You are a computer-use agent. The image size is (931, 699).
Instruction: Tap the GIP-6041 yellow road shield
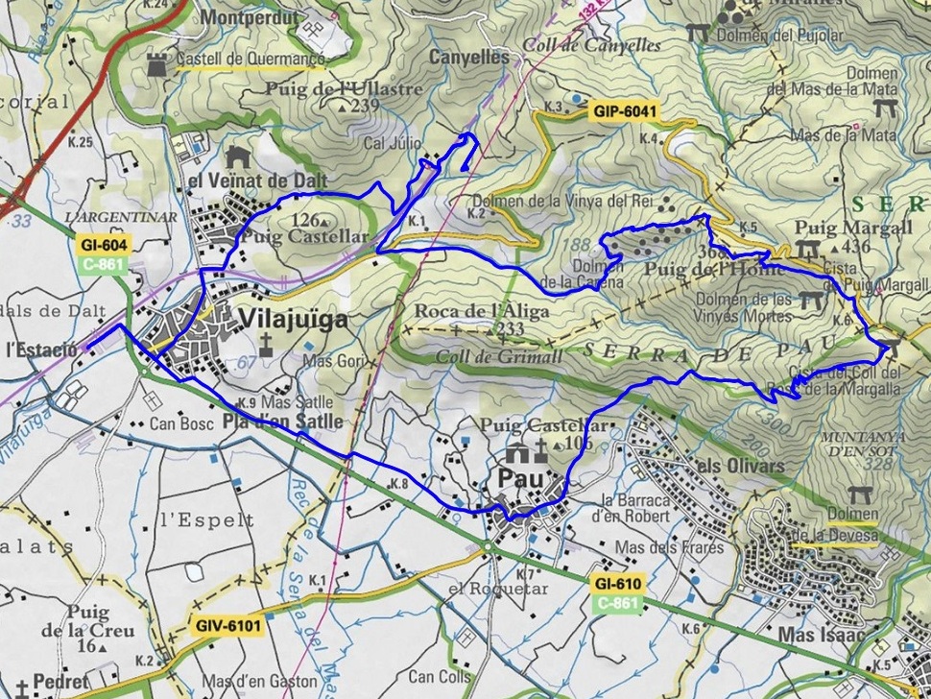click(x=625, y=112)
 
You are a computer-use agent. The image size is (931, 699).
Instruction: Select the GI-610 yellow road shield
click(x=616, y=584)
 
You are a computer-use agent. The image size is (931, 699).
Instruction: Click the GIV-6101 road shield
click(x=227, y=625)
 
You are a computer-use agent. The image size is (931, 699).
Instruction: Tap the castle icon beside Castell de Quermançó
click(x=155, y=62)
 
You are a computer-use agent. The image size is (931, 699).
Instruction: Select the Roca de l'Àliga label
click(x=482, y=311)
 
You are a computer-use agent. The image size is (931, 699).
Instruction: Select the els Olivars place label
click(x=739, y=467)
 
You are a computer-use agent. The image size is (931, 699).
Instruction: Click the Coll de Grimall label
click(x=486, y=355)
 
